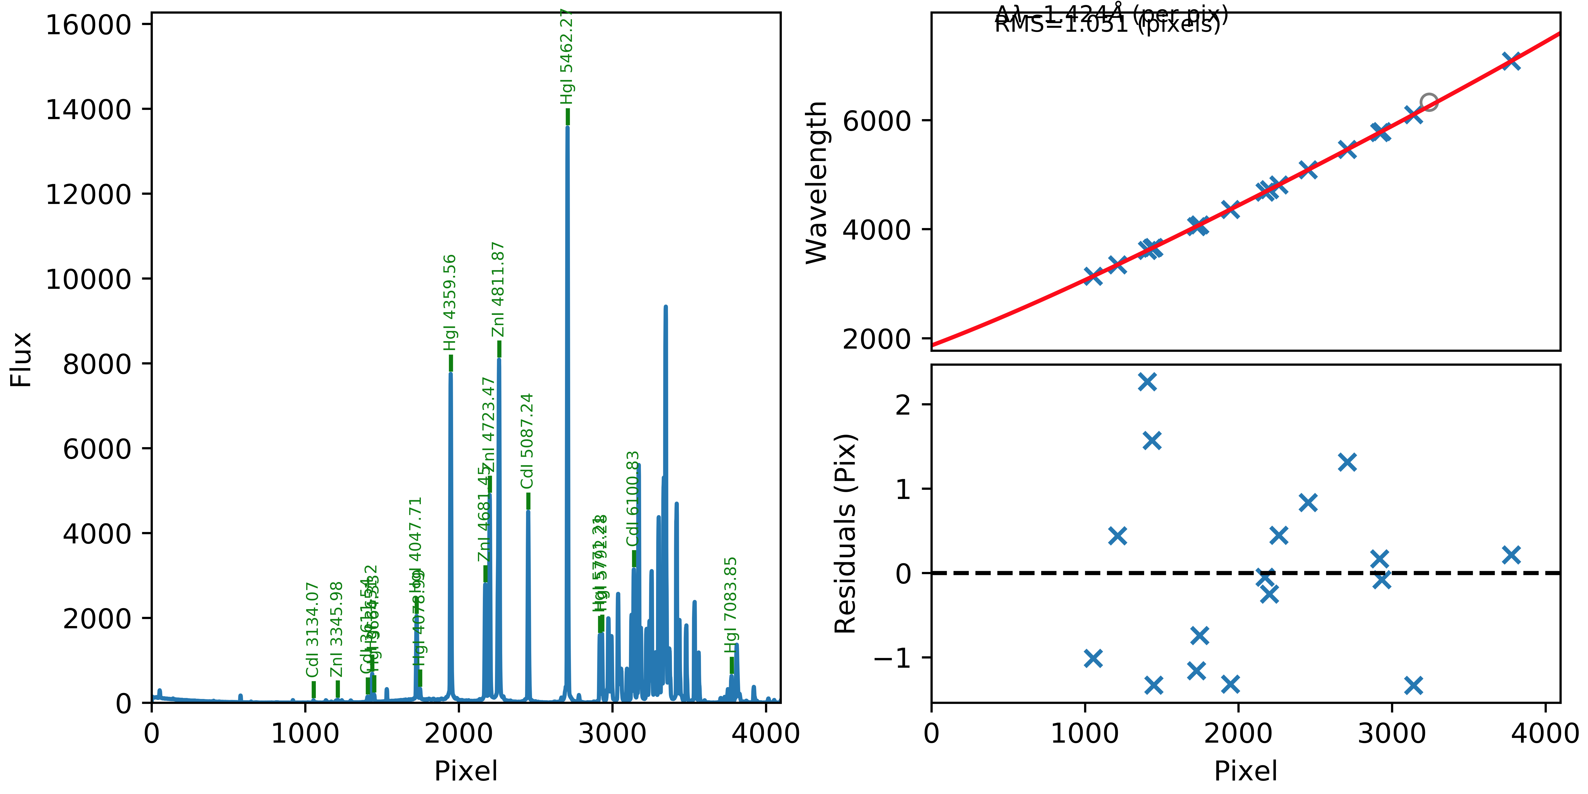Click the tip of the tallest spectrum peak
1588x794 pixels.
pos(567,127)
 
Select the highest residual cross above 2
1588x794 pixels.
pos(1147,382)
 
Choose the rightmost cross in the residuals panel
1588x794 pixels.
pos(1511,555)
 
